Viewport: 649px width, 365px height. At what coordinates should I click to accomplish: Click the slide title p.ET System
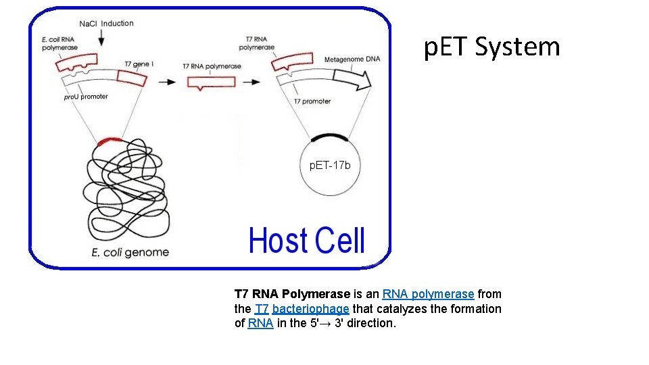point(492,47)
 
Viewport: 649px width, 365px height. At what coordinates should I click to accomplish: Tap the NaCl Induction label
point(106,24)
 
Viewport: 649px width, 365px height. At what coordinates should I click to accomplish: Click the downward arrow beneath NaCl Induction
point(101,40)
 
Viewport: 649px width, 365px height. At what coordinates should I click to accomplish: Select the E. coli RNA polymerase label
point(59,43)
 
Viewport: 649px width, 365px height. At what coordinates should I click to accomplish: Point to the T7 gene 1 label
point(139,64)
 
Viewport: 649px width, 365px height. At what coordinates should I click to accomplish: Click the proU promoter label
point(86,97)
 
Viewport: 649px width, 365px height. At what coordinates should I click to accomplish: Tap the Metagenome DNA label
point(352,59)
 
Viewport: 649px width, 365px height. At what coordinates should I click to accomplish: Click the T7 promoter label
point(312,101)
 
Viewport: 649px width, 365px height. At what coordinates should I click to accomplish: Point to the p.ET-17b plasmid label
point(330,165)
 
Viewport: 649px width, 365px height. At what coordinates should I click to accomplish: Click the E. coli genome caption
point(130,253)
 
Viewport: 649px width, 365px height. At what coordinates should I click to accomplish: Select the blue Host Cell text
point(307,241)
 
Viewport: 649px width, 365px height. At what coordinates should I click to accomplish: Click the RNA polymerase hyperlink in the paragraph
point(428,294)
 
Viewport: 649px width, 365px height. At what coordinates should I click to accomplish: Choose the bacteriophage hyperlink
point(311,309)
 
